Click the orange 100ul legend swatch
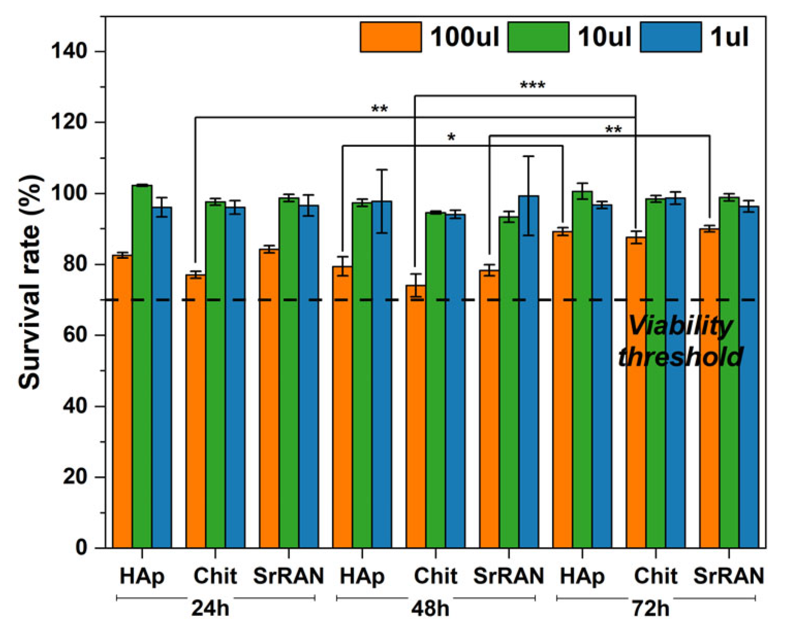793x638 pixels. click(391, 37)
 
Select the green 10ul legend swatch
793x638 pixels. click(538, 37)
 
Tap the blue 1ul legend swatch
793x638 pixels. click(671, 37)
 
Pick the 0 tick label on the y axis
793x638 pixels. click(82, 548)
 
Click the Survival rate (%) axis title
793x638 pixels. click(29, 282)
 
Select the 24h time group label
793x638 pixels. click(210, 609)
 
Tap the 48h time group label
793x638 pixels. click(430, 609)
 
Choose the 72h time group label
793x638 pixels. click(650, 609)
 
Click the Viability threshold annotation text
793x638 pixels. click(680, 341)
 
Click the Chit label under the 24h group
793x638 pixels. click(215, 576)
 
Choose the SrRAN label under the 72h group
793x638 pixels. click(728, 576)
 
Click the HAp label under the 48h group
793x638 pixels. click(362, 576)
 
